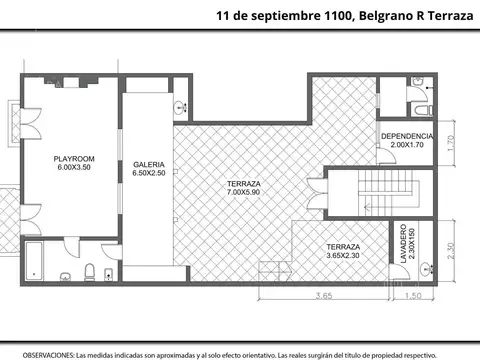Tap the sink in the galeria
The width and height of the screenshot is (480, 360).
(181, 107)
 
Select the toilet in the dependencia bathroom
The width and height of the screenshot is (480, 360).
(421, 107)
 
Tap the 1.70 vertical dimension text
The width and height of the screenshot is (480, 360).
(451, 142)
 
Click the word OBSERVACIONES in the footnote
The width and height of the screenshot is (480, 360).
(48, 354)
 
